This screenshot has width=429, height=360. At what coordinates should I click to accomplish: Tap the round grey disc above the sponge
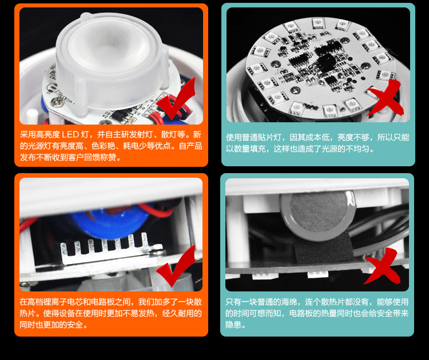point(317,216)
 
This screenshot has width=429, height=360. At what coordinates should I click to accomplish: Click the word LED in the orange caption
point(70,134)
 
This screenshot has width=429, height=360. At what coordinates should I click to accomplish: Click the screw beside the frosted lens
point(58,102)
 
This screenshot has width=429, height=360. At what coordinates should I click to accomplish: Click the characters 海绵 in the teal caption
point(289,302)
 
